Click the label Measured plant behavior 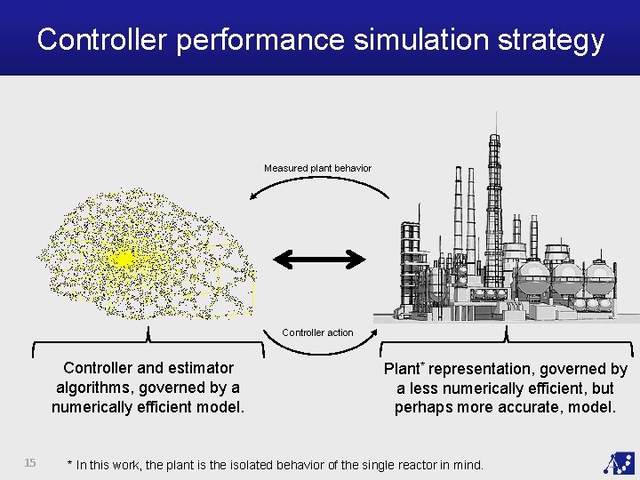click(x=317, y=168)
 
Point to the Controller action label click(x=317, y=332)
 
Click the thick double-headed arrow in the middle click(x=318, y=260)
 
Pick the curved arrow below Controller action click(x=317, y=348)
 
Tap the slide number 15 click(x=29, y=462)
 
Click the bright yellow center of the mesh click(x=123, y=259)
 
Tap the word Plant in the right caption click(x=401, y=369)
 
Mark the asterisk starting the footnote click(x=70, y=463)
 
